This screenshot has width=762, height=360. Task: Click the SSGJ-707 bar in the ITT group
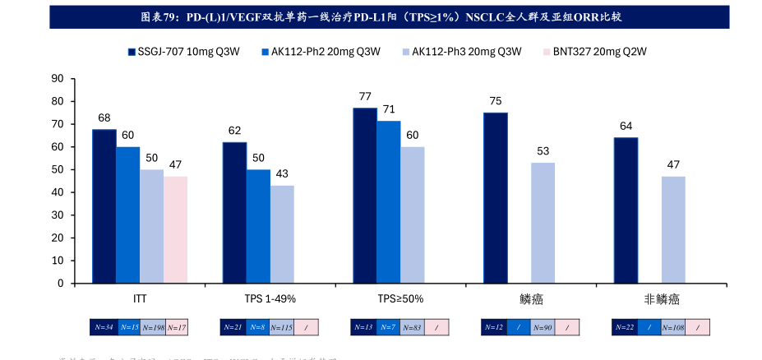[x=104, y=206]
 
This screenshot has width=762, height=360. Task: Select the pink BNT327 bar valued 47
[x=175, y=229]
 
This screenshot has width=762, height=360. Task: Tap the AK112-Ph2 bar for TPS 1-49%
[x=258, y=226]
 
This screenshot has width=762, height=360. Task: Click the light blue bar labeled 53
[x=543, y=223]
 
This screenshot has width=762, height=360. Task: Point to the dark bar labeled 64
[x=626, y=210]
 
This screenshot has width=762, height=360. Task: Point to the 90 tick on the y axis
[x=58, y=79]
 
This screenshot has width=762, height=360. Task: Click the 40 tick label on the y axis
[x=58, y=192]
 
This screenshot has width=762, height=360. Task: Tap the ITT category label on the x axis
[x=140, y=298]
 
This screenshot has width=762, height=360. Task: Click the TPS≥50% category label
[x=400, y=298]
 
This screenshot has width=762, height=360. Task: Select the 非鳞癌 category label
[x=662, y=298]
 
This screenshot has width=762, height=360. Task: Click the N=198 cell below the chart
[x=152, y=327]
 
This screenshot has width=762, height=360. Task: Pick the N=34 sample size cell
[x=103, y=327]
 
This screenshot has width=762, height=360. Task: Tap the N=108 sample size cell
[x=673, y=327]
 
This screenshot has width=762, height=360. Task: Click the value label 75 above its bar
[x=496, y=101]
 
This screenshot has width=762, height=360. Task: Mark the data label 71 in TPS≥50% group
[x=389, y=109]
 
